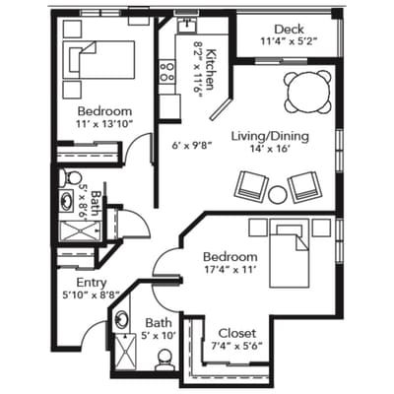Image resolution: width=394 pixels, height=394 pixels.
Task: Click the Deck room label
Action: click(x=289, y=30)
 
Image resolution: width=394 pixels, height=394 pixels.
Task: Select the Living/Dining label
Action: click(x=270, y=136)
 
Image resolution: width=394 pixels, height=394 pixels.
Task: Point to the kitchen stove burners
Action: click(x=166, y=72)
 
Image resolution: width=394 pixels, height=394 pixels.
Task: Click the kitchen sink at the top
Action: click(x=187, y=25)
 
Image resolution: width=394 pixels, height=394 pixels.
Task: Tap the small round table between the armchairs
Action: click(x=278, y=195)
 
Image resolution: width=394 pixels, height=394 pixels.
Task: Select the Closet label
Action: click(x=237, y=333)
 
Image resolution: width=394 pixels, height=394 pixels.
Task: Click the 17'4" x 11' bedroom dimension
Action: click(x=230, y=270)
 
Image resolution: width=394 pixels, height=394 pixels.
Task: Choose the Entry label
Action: click(x=92, y=283)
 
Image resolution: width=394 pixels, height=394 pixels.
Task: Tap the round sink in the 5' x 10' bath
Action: click(x=122, y=318)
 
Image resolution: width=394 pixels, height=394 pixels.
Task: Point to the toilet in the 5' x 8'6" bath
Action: click(x=71, y=178)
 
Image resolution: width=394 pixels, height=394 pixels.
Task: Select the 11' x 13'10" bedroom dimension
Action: click(x=104, y=124)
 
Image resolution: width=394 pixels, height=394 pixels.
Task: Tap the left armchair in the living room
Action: click(x=252, y=186)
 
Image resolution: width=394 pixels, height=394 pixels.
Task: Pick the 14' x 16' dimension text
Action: click(x=270, y=149)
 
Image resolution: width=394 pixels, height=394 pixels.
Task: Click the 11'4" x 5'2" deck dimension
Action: click(x=290, y=41)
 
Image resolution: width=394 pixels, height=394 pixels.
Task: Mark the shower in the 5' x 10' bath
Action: click(x=126, y=352)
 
